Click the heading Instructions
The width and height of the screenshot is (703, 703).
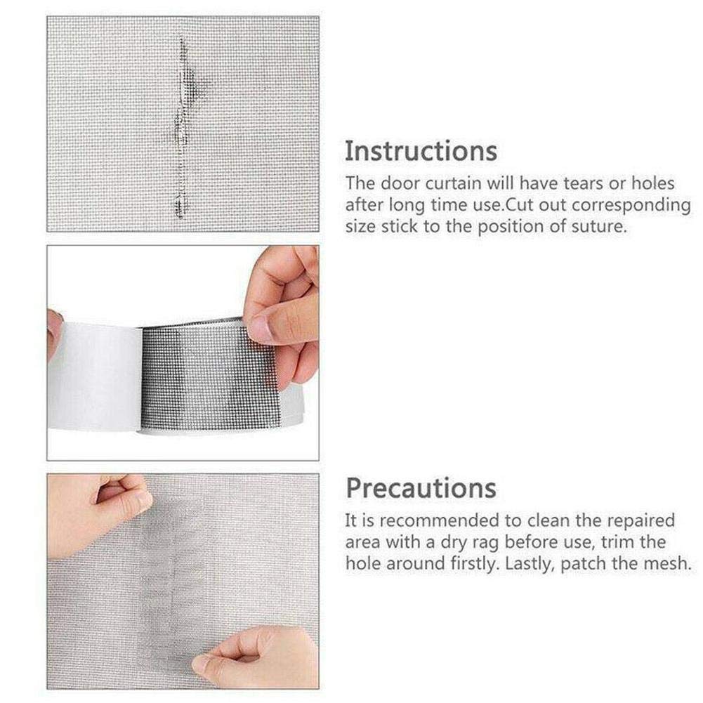click(421, 151)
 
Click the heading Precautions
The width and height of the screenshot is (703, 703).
click(421, 487)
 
